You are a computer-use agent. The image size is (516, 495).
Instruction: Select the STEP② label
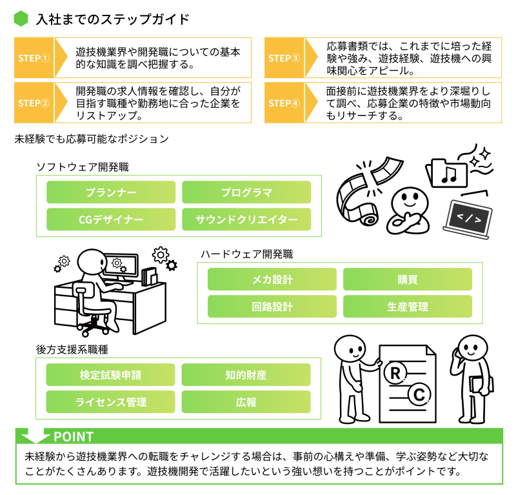tap(34, 103)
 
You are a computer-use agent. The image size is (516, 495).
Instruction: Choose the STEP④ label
tap(284, 103)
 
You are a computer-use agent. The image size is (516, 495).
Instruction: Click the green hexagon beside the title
tap(21, 19)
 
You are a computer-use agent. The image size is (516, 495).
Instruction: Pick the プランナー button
tap(111, 192)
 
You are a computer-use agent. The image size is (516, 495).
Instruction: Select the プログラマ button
tap(246, 192)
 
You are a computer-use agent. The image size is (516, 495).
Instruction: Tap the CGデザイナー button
tap(111, 219)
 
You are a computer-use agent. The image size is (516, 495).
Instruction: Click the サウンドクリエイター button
tap(246, 219)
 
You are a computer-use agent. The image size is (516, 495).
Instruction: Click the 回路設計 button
tap(272, 307)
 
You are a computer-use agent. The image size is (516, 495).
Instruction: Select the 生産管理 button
tap(408, 307)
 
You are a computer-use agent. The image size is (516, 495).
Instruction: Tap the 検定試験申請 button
tap(111, 375)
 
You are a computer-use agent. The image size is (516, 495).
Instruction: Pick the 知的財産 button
tap(246, 375)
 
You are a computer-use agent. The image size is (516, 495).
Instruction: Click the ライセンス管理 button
tap(111, 402)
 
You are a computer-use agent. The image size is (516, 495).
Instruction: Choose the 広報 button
tap(246, 402)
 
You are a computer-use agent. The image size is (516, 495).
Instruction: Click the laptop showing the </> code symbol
tap(469, 217)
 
